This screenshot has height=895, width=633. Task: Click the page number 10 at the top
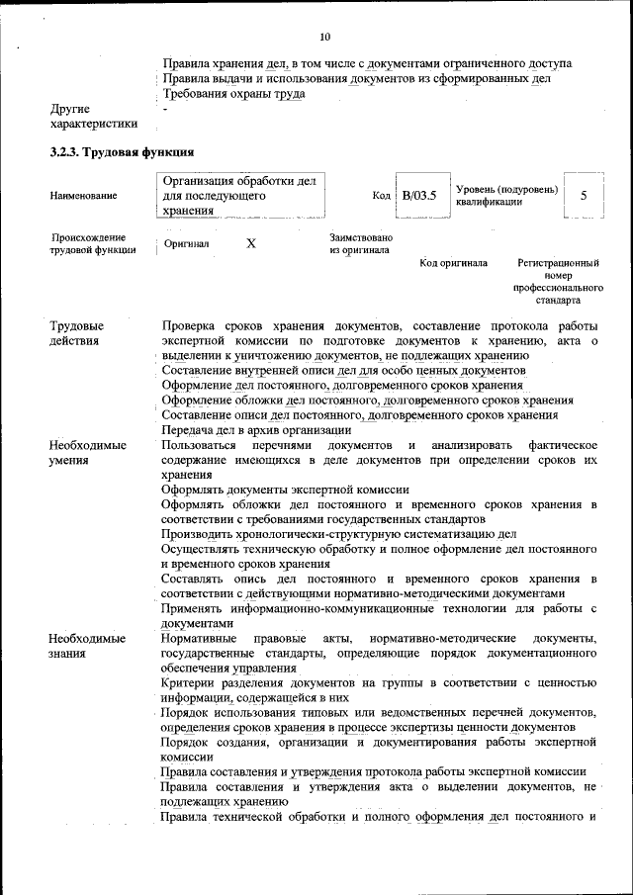click(x=325, y=37)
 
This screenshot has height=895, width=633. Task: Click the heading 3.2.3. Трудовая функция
click(x=121, y=153)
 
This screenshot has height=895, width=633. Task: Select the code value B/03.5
click(x=418, y=196)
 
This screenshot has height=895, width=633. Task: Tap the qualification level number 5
click(x=584, y=196)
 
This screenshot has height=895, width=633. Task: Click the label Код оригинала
click(x=453, y=263)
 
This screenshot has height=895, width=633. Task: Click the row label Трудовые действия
click(x=77, y=333)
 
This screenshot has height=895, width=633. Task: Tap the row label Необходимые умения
click(x=87, y=452)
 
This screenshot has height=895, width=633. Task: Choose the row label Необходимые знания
click(x=87, y=645)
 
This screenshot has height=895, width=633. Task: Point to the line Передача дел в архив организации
click(x=257, y=430)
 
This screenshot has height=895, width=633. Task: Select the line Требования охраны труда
click(x=233, y=94)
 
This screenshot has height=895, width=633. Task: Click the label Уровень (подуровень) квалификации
click(x=506, y=196)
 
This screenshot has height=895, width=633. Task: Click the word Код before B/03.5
click(x=381, y=197)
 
